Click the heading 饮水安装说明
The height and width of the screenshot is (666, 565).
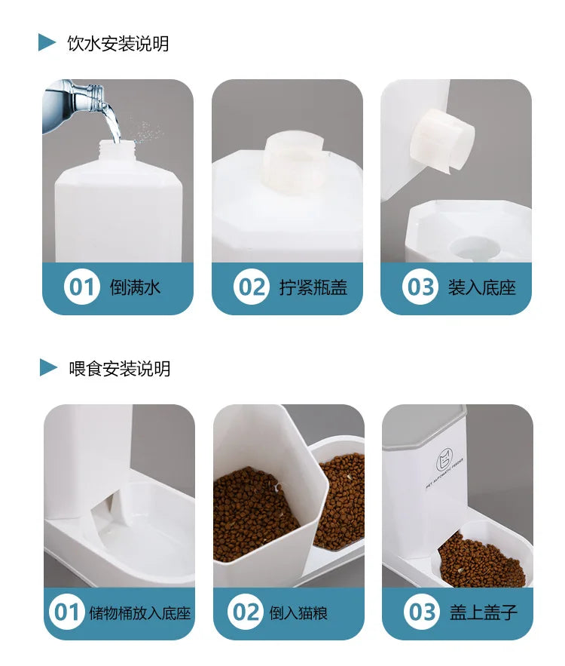pyautogui.click(x=118, y=43)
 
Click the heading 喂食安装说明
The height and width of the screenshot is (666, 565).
pyautogui.click(x=120, y=368)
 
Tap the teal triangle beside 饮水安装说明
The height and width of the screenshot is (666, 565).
pyautogui.click(x=47, y=42)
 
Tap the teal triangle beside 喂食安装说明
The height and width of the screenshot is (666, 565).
pyautogui.click(x=48, y=367)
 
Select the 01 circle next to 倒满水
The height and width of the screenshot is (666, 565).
pyautogui.click(x=81, y=287)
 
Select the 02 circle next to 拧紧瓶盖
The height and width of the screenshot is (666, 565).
pyautogui.click(x=251, y=287)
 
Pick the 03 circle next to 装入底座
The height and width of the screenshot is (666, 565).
pyautogui.click(x=420, y=287)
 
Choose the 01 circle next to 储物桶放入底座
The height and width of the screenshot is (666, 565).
pyautogui.click(x=66, y=612)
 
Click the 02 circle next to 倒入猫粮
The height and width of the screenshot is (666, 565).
pyautogui.click(x=245, y=612)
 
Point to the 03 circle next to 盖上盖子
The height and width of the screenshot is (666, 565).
pyautogui.click(x=422, y=612)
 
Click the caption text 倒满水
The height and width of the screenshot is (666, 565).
pyautogui.click(x=135, y=287)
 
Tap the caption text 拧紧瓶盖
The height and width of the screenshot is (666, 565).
pyautogui.click(x=313, y=287)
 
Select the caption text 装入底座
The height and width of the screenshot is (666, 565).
pyautogui.click(x=482, y=287)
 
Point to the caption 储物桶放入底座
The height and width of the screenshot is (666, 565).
pyautogui.click(x=140, y=613)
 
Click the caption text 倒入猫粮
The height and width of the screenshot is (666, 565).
pyautogui.click(x=298, y=613)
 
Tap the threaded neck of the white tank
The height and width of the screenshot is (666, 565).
pyautogui.click(x=118, y=150)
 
